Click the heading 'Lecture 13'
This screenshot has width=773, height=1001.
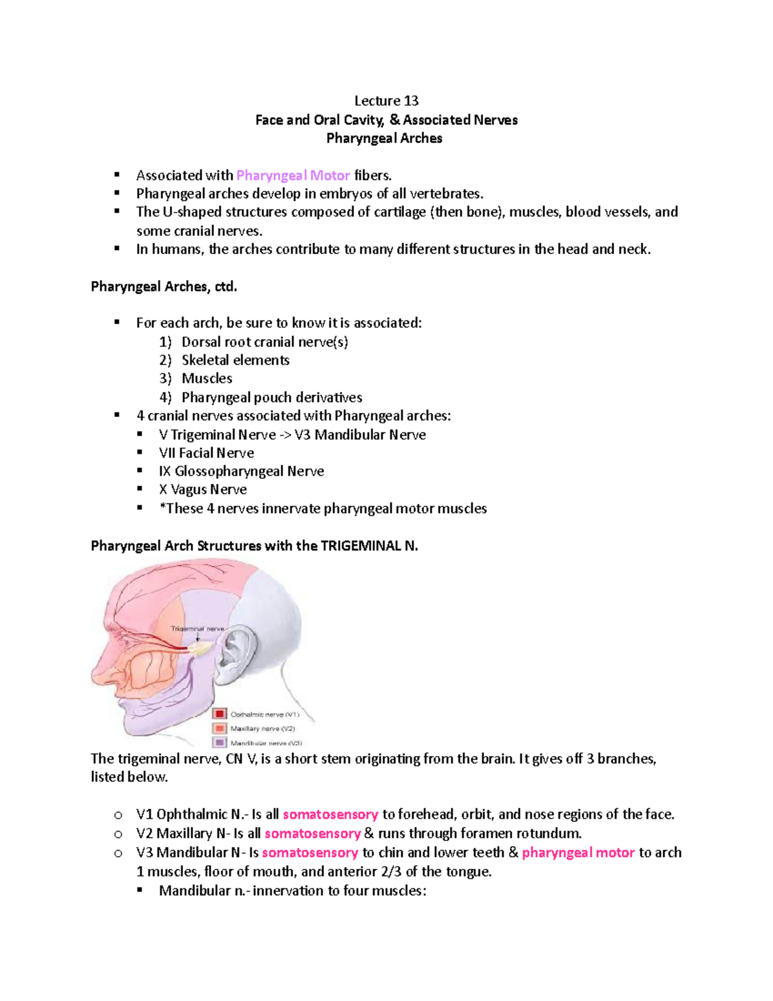[x=386, y=101]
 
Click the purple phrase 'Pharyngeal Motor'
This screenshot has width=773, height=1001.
[x=293, y=175]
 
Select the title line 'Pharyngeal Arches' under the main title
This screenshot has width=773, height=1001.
[x=384, y=138]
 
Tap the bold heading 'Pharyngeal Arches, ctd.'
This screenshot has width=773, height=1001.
[x=164, y=286]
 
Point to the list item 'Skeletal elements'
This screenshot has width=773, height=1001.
[x=235, y=360]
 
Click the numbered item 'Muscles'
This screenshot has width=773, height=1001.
[x=207, y=378]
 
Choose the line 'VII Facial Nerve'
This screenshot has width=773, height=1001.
[x=206, y=452]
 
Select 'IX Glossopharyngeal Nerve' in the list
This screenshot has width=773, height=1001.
[x=241, y=471]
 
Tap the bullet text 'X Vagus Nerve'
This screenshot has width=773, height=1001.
[x=202, y=489]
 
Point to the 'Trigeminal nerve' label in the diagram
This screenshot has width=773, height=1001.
[x=197, y=628]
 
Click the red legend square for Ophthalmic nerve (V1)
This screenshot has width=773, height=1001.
[x=220, y=714]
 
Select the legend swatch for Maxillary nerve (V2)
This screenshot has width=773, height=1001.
[x=220, y=728]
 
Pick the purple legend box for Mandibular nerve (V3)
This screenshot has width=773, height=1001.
[x=220, y=742]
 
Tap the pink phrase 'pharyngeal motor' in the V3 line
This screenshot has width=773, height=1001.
[x=578, y=852]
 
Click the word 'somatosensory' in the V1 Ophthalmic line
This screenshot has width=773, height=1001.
[x=330, y=814]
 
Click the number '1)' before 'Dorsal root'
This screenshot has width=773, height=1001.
[x=166, y=342]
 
